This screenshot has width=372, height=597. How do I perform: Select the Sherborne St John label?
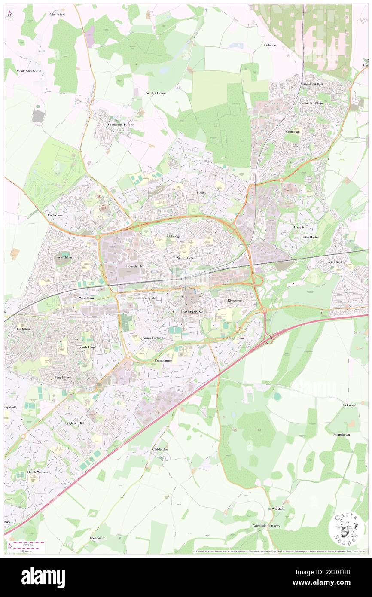[x=121, y=125]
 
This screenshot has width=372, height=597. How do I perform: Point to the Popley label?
[x=201, y=192]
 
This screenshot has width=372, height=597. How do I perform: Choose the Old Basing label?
[x=337, y=262]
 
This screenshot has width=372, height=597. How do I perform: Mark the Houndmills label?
[x=134, y=266]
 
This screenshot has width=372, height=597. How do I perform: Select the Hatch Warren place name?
[x=37, y=472]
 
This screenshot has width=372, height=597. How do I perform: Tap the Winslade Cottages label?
[x=266, y=526]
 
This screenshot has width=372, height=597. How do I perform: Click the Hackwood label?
[x=349, y=405]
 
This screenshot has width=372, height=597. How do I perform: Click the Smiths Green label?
[x=156, y=93]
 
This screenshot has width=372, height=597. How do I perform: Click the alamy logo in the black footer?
[x=43, y=578]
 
